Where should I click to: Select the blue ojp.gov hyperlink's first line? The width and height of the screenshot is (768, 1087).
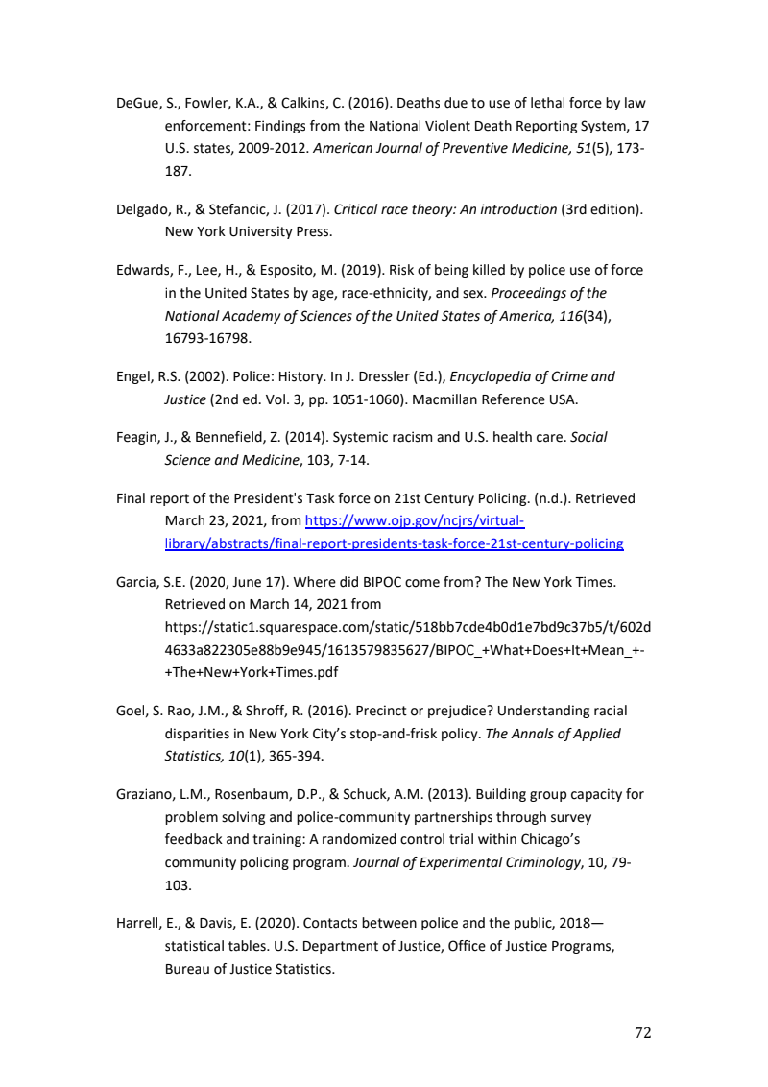[414, 521]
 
